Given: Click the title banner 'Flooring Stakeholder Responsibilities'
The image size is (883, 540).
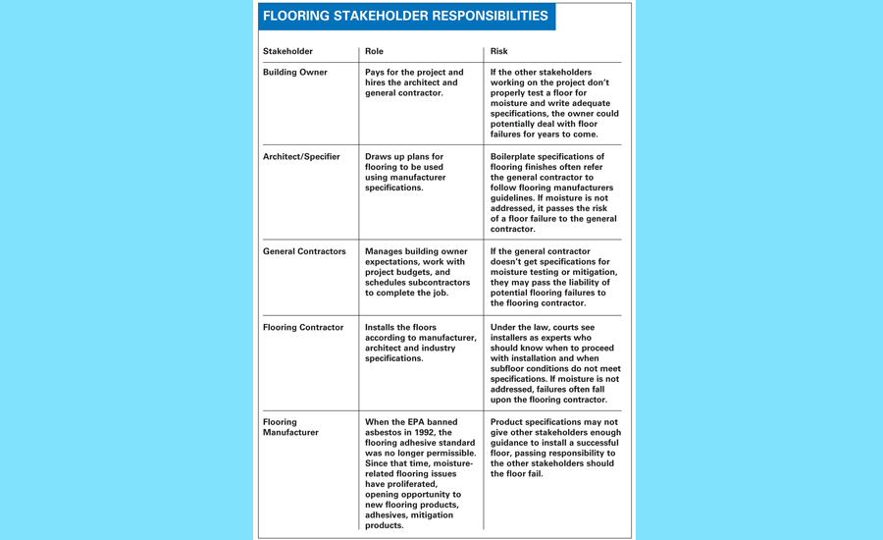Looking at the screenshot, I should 405,17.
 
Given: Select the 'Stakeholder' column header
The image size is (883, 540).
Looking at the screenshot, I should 287,51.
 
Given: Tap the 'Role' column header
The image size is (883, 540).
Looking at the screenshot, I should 374,51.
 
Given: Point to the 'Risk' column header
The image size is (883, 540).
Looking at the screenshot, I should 499,51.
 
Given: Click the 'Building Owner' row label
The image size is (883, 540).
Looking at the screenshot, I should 295,73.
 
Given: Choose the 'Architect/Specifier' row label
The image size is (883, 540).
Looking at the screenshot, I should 301,157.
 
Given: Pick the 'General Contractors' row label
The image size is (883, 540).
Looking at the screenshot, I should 304,251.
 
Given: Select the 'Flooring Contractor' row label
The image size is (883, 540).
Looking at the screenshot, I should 303,328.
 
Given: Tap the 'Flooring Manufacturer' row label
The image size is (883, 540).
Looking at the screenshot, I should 290,427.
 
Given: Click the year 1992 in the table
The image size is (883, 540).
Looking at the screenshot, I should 433,433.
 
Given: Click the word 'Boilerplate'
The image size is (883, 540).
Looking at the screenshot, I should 519,157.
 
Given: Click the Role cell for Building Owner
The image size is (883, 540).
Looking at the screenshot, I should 414,82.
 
